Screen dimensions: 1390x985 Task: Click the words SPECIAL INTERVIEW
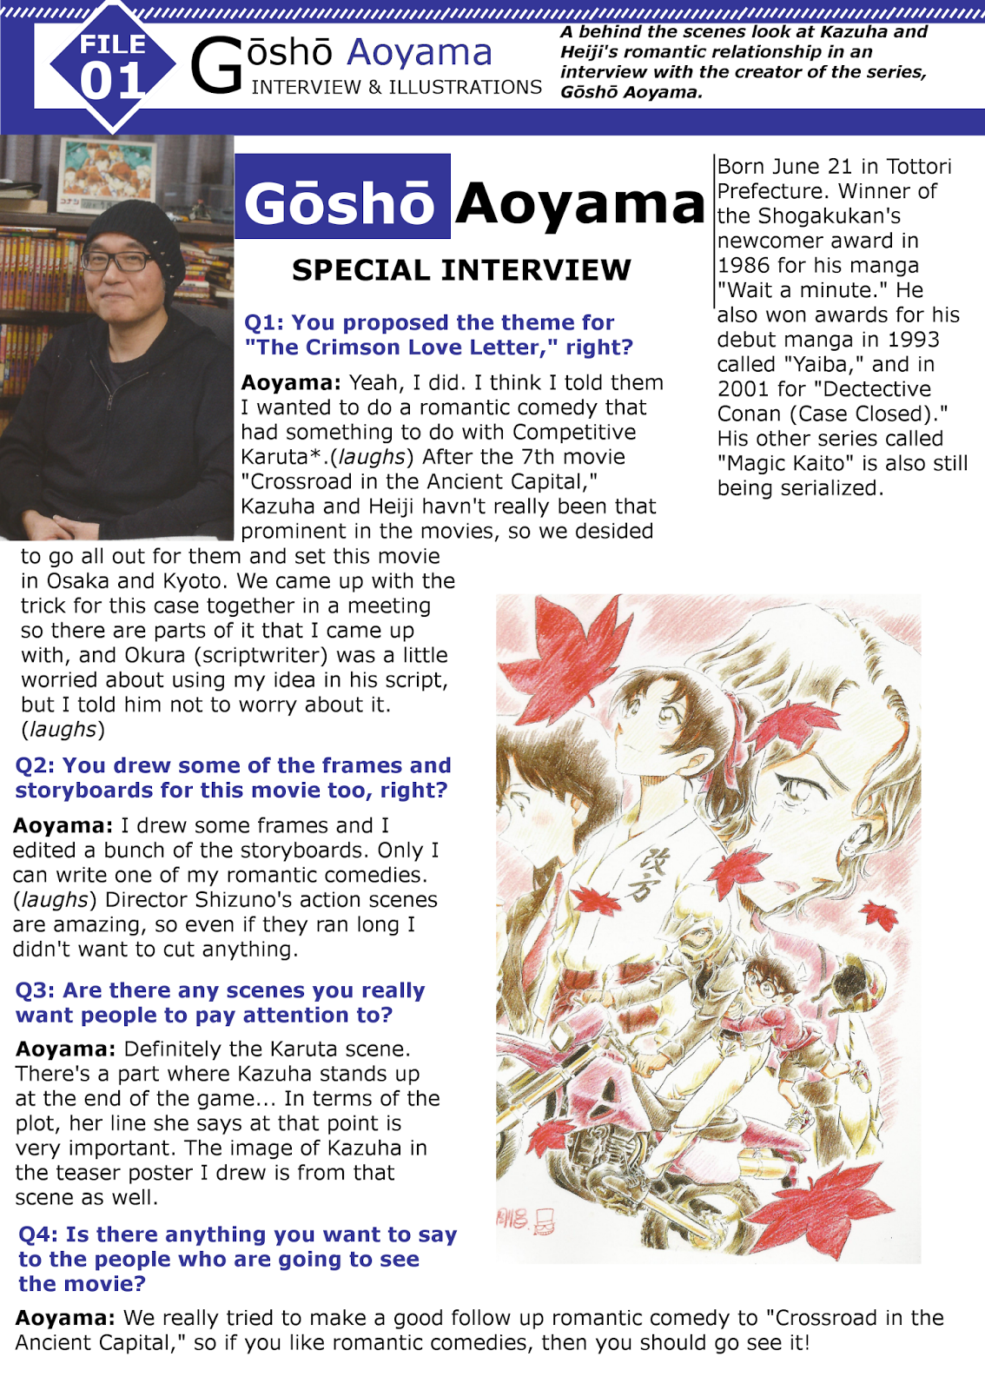tap(461, 270)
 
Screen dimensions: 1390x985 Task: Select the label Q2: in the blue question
tap(34, 765)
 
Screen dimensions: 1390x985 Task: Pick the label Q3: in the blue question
tap(35, 990)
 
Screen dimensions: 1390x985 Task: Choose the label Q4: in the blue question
tap(37, 1234)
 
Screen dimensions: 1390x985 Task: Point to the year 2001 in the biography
tap(744, 389)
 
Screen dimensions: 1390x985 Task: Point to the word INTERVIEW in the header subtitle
tap(306, 88)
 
